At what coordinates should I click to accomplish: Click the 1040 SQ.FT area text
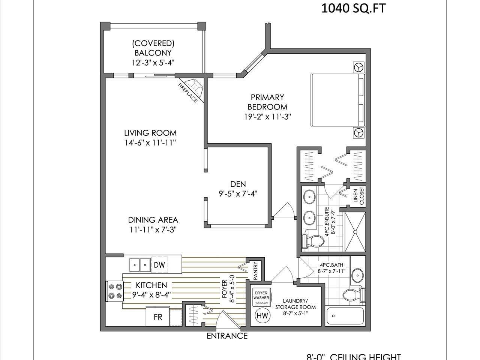click(353, 8)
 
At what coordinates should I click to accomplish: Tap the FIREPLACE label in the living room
click(187, 93)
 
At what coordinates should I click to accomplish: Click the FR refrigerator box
click(158, 317)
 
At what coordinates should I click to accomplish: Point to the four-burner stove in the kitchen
click(115, 291)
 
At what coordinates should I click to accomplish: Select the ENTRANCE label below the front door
click(227, 336)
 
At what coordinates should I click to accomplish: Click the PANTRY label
click(255, 271)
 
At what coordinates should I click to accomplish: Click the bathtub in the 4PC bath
click(345, 316)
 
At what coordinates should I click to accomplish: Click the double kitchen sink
click(139, 265)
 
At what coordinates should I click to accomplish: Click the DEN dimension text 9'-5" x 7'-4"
click(238, 194)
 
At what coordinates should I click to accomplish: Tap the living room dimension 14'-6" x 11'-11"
click(150, 142)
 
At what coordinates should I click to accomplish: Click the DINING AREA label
click(153, 220)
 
